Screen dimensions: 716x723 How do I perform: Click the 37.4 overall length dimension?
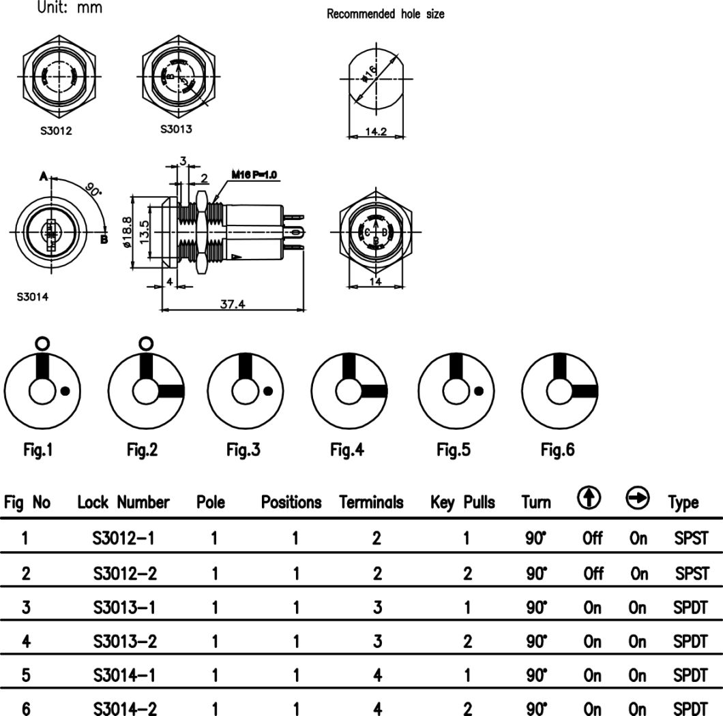coord(233,304)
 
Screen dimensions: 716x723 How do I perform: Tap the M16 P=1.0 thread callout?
coord(253,176)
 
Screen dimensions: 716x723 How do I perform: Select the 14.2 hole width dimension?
coord(375,131)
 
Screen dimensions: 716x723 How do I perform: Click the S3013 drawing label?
coord(176,129)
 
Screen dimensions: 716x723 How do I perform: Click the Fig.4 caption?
coord(347,450)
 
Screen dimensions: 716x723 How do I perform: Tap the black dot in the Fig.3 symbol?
coord(268,390)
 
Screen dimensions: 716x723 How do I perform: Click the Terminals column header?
coord(371,503)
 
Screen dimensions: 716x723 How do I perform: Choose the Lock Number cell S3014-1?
coord(125,675)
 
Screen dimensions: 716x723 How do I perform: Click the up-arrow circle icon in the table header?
coord(587,499)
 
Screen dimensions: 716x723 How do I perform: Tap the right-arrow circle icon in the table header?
coord(637,499)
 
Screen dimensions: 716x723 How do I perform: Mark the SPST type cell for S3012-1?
coord(690,538)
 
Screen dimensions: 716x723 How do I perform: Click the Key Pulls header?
coord(462,503)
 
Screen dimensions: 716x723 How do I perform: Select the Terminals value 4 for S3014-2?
coord(377,709)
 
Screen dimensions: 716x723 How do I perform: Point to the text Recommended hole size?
coord(385,14)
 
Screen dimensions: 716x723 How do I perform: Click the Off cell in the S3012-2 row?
coord(593,573)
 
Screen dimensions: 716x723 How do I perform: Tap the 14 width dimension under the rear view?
coord(375,281)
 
